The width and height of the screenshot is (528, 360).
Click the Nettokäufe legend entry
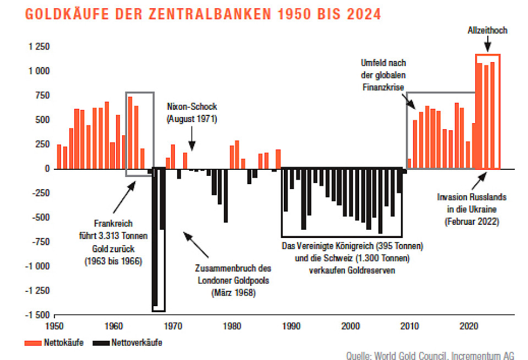tap(54, 343)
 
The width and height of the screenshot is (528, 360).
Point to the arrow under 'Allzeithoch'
tap(487, 46)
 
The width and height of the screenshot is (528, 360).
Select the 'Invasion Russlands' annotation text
tap(471, 197)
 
